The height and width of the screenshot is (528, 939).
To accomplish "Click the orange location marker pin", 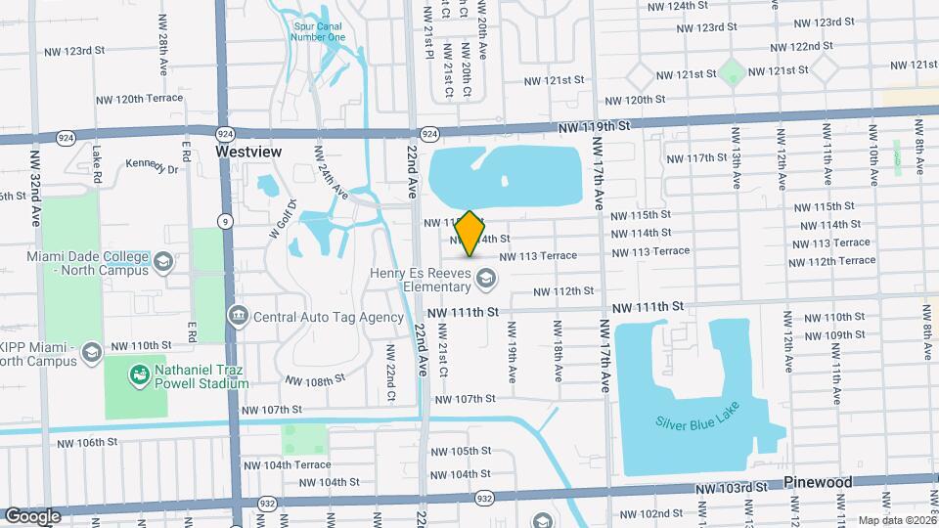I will coord(469,234).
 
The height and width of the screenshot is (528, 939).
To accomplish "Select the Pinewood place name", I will coord(818,482).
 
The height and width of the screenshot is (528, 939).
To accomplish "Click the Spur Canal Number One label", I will coord(318,31).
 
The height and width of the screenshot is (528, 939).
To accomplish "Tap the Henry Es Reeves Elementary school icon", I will coord(484,281).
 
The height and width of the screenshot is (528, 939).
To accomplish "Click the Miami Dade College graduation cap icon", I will coord(163,262).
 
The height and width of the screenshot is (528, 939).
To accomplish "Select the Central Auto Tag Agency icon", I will coord(238,316).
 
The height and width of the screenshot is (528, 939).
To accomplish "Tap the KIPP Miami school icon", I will coord(91,352).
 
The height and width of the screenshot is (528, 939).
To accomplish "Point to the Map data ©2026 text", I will coord(896,520).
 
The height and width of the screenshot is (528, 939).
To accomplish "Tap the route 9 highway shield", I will coord(225,221).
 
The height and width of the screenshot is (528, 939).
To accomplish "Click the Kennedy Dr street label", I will coord(152,167).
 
